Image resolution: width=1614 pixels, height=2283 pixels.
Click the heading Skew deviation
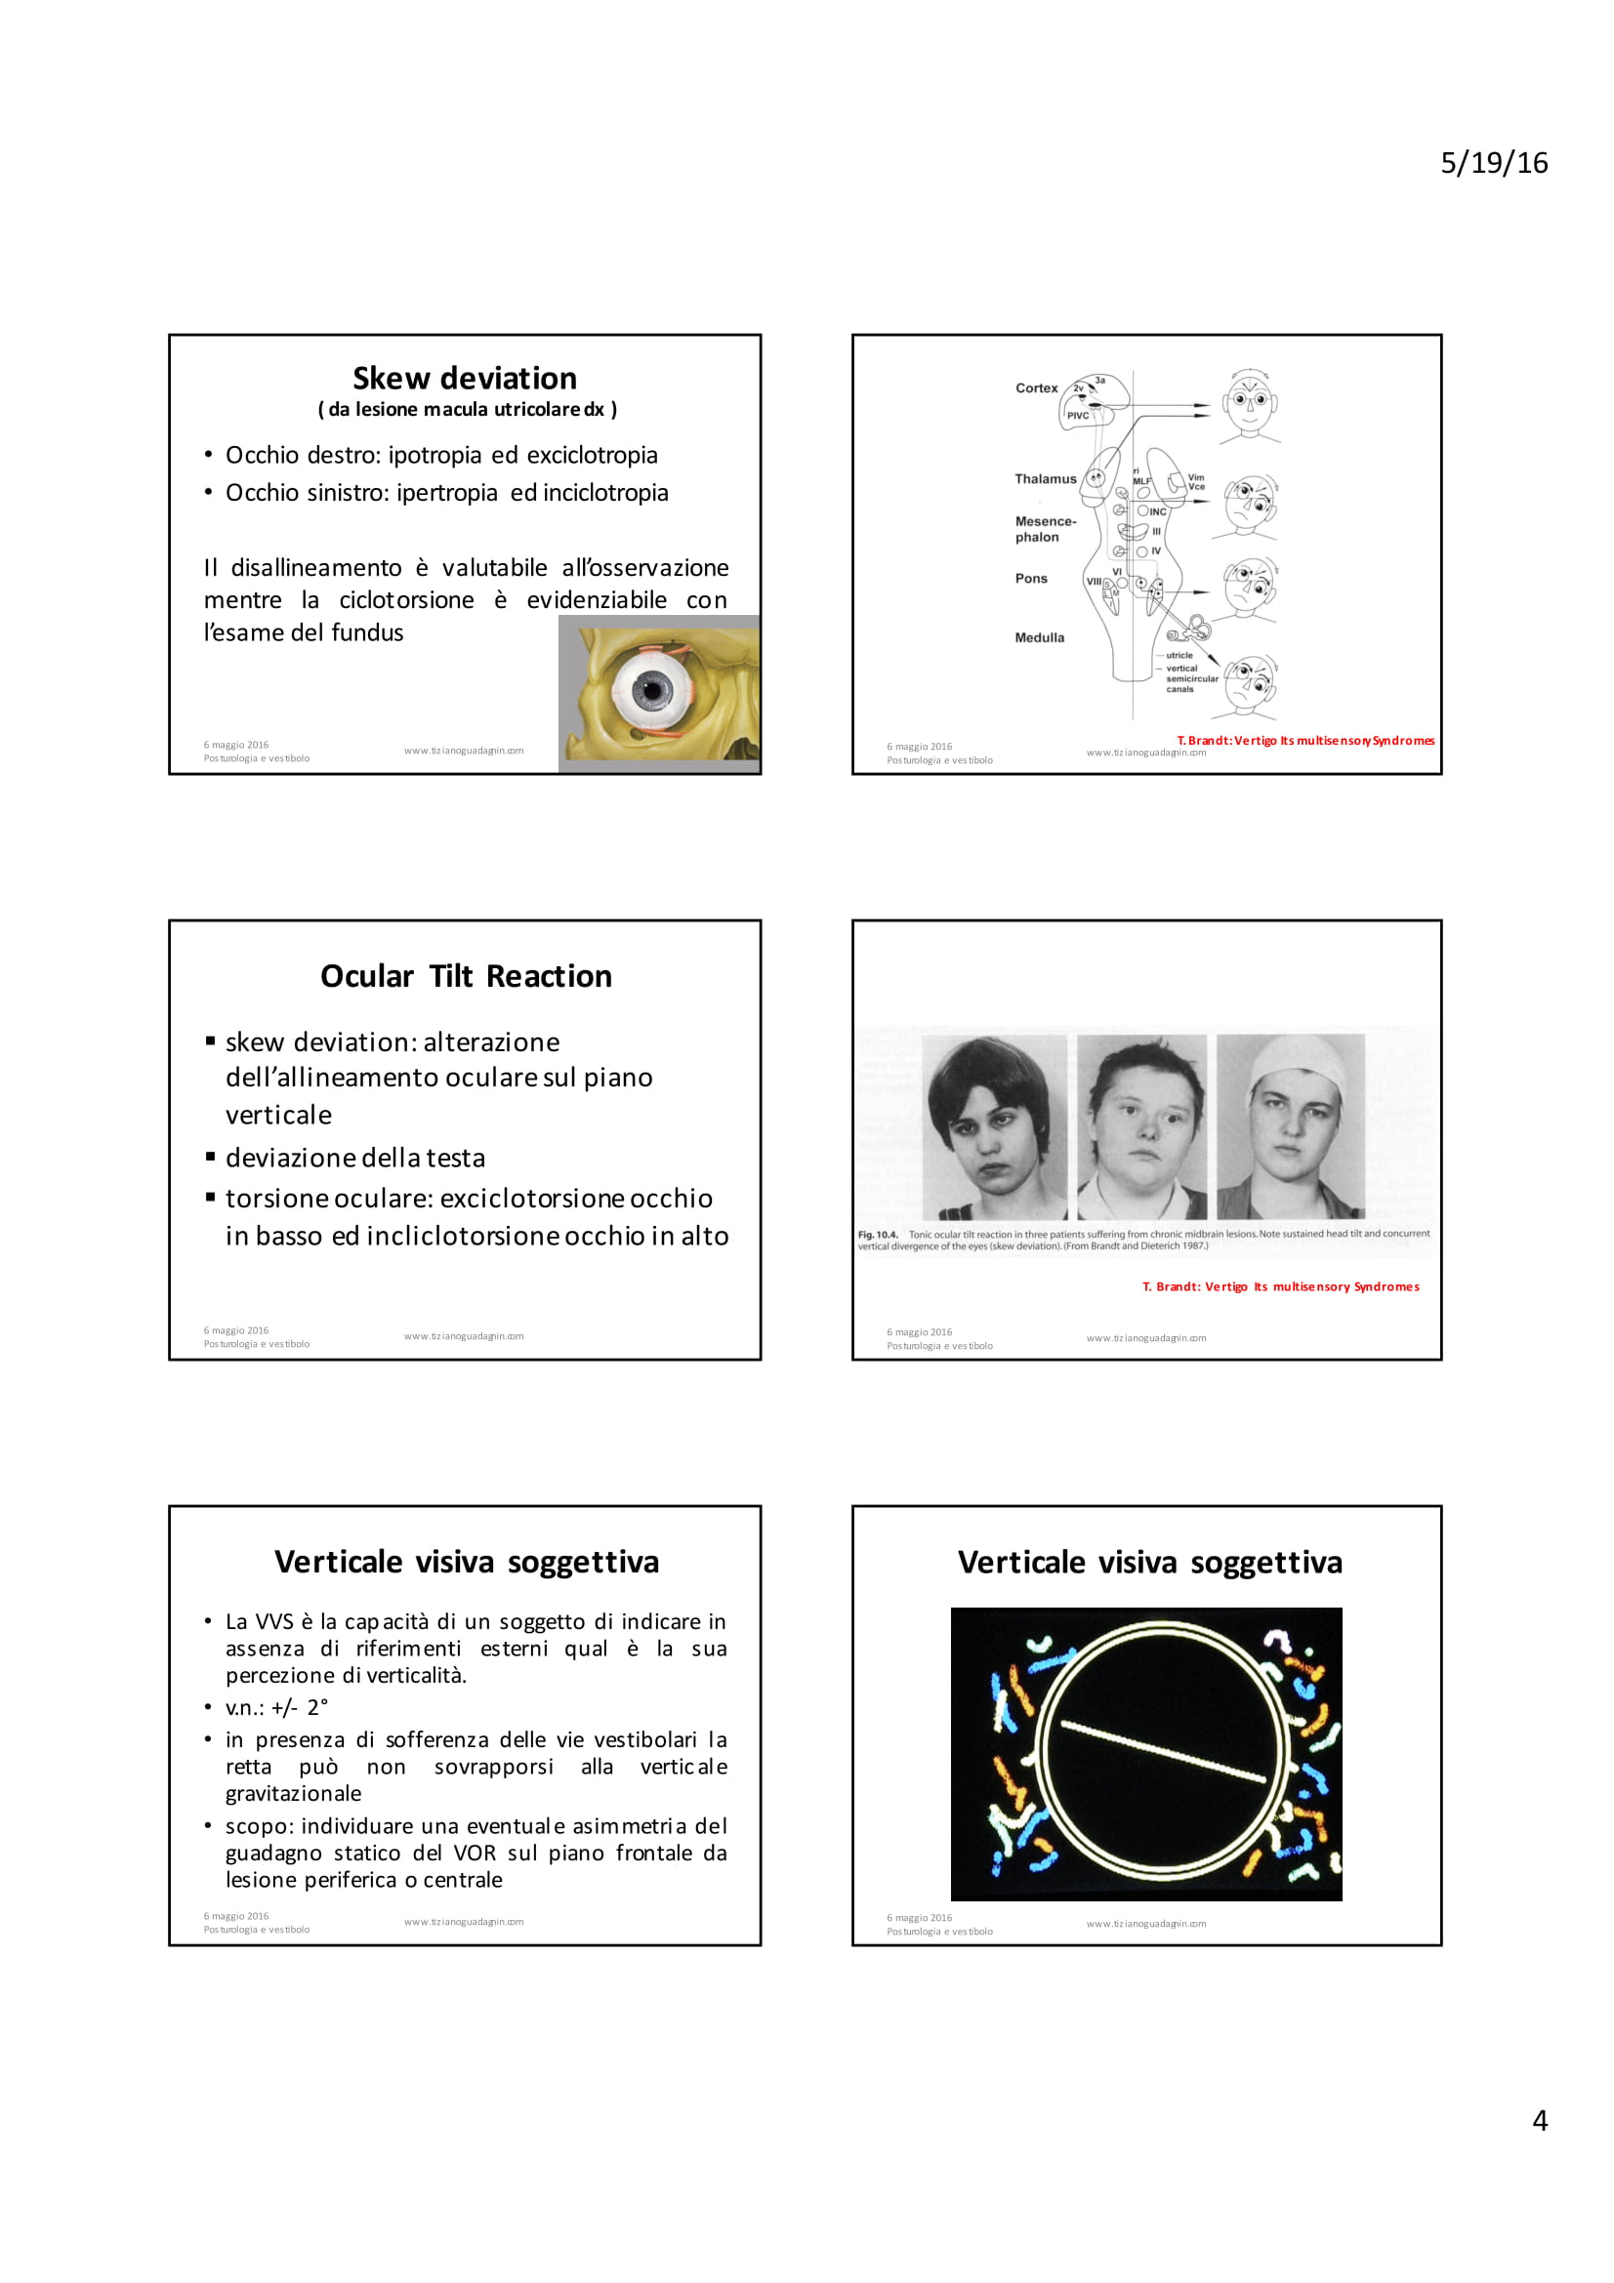[x=465, y=379]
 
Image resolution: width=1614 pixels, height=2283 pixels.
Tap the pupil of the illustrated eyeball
[x=652, y=687]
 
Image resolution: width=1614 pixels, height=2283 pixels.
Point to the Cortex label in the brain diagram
[x=1036, y=388]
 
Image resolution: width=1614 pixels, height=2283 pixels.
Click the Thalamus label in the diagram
[x=1045, y=479]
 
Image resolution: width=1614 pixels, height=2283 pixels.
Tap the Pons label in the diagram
[x=1031, y=579]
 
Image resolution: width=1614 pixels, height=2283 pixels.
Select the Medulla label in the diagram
[x=1039, y=637]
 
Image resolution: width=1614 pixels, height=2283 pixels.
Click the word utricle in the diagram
[x=1179, y=655]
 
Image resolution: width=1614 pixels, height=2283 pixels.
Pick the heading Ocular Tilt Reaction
[x=466, y=976]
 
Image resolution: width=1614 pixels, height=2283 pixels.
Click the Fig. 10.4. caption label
[x=877, y=1234]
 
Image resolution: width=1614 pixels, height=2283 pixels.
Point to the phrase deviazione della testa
[x=355, y=1159]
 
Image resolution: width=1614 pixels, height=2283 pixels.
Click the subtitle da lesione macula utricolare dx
[x=467, y=410]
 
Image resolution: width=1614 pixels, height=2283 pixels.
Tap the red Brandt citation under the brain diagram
[x=1304, y=741]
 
